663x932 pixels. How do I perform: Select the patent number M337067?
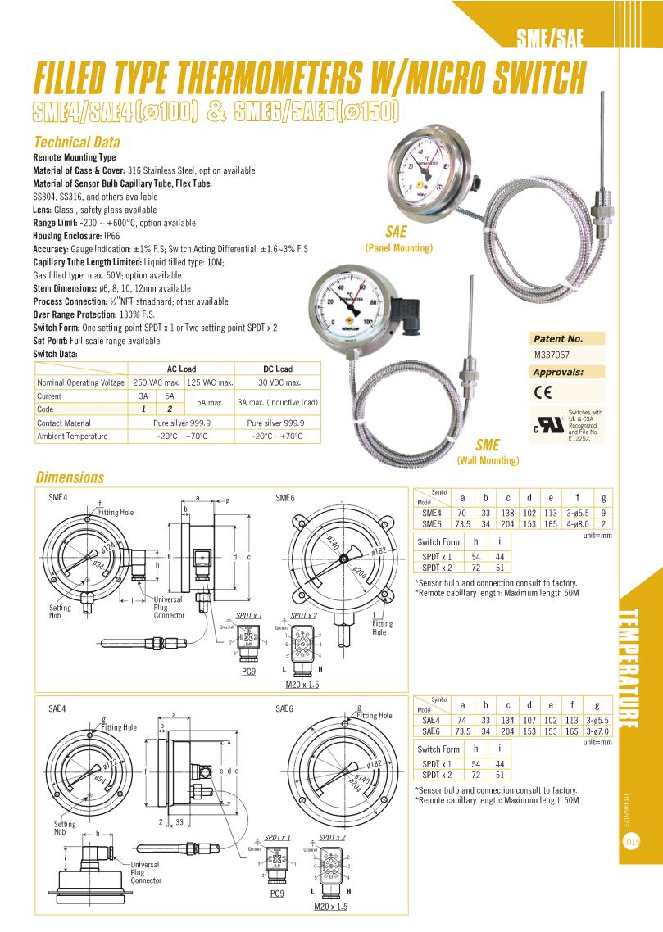coord(551,356)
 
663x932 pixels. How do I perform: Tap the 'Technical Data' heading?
coord(76,142)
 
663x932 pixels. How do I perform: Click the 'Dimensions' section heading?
coord(69,477)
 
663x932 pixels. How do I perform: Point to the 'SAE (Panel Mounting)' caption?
coord(398,239)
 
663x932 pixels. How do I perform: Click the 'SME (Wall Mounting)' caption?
coord(488,453)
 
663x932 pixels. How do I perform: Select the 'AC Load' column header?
coord(181,369)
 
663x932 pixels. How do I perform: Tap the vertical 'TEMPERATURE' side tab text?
coord(629,667)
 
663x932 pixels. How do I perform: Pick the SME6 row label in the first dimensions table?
coord(432,523)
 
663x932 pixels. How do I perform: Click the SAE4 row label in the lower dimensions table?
coord(432,720)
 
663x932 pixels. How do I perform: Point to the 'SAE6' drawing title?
coord(287,708)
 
